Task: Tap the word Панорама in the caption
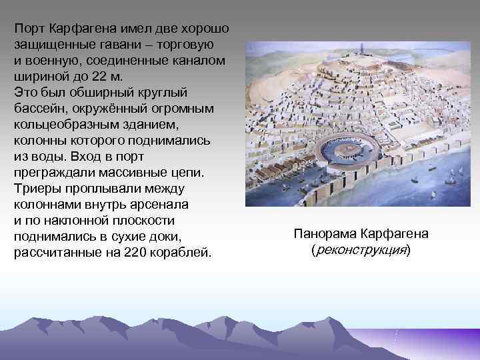323,234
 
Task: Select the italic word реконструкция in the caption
361,250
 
